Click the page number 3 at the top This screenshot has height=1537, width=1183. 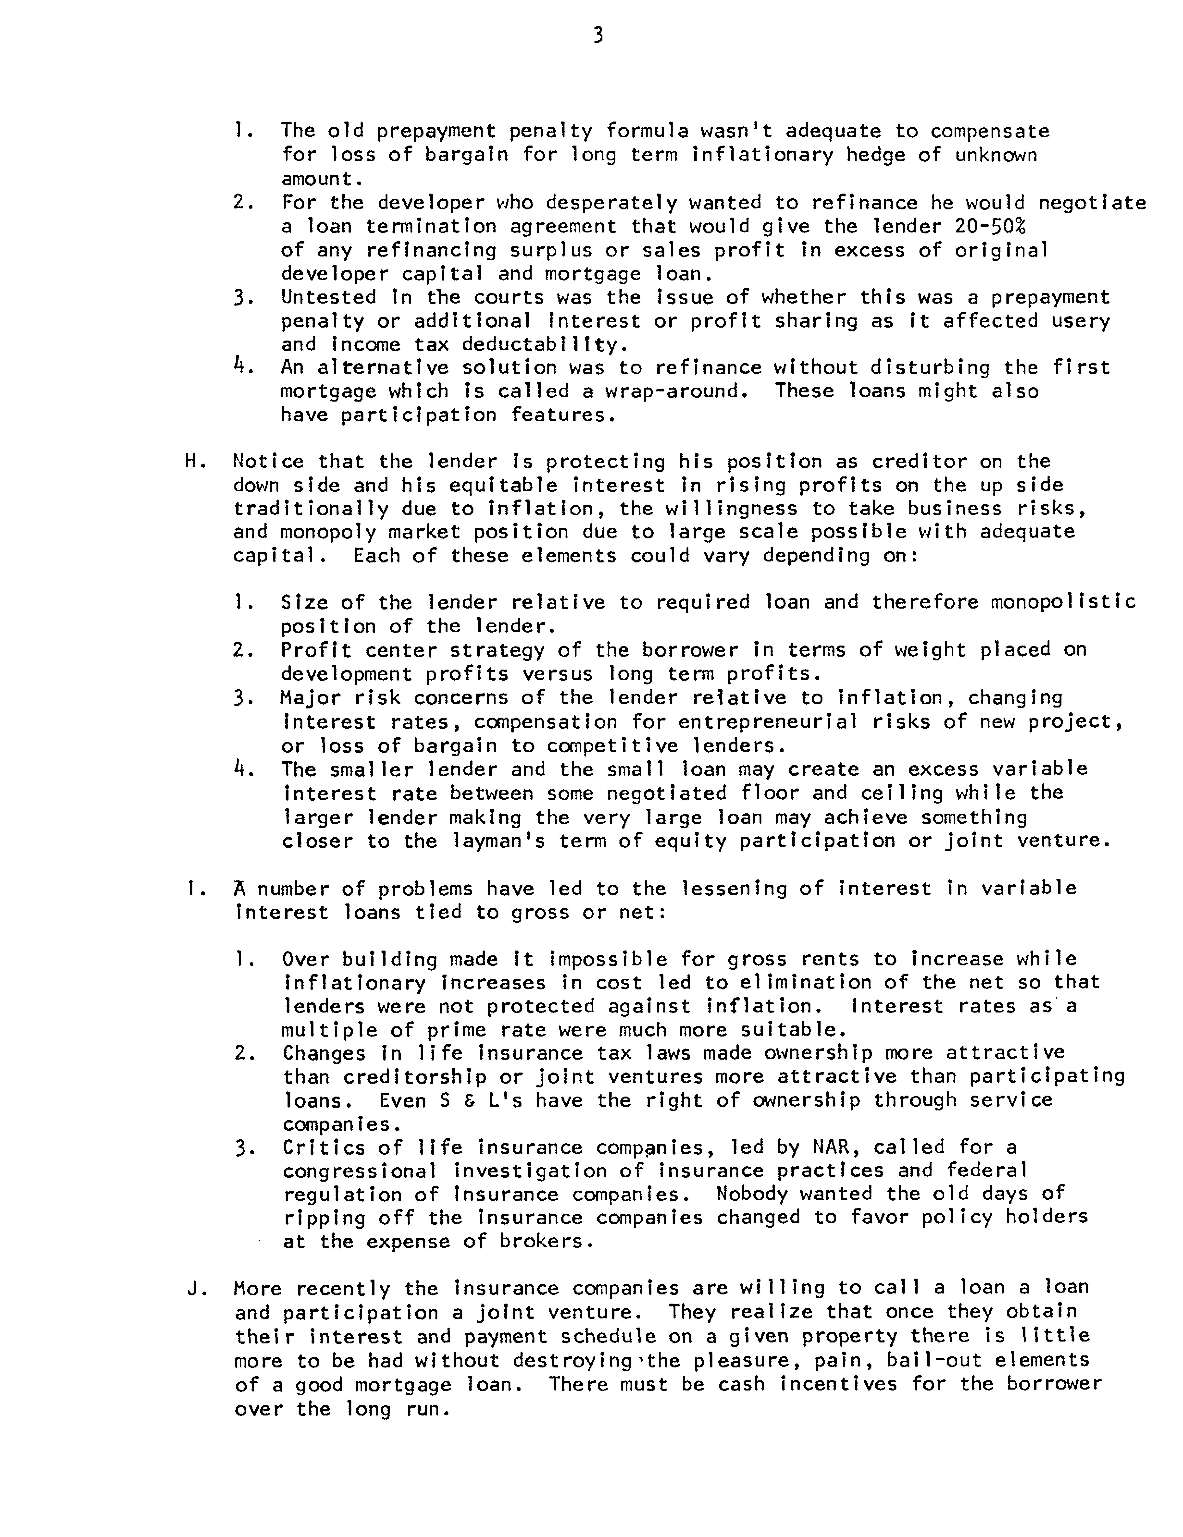(x=597, y=35)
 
